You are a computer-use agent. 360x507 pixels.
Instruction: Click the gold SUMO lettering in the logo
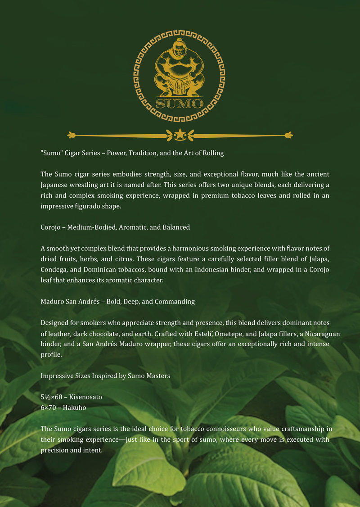tap(179, 103)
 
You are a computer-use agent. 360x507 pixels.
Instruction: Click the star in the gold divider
tap(180, 134)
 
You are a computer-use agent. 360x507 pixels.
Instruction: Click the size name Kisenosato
tap(85, 397)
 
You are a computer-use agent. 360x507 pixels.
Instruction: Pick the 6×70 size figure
tap(49, 407)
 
